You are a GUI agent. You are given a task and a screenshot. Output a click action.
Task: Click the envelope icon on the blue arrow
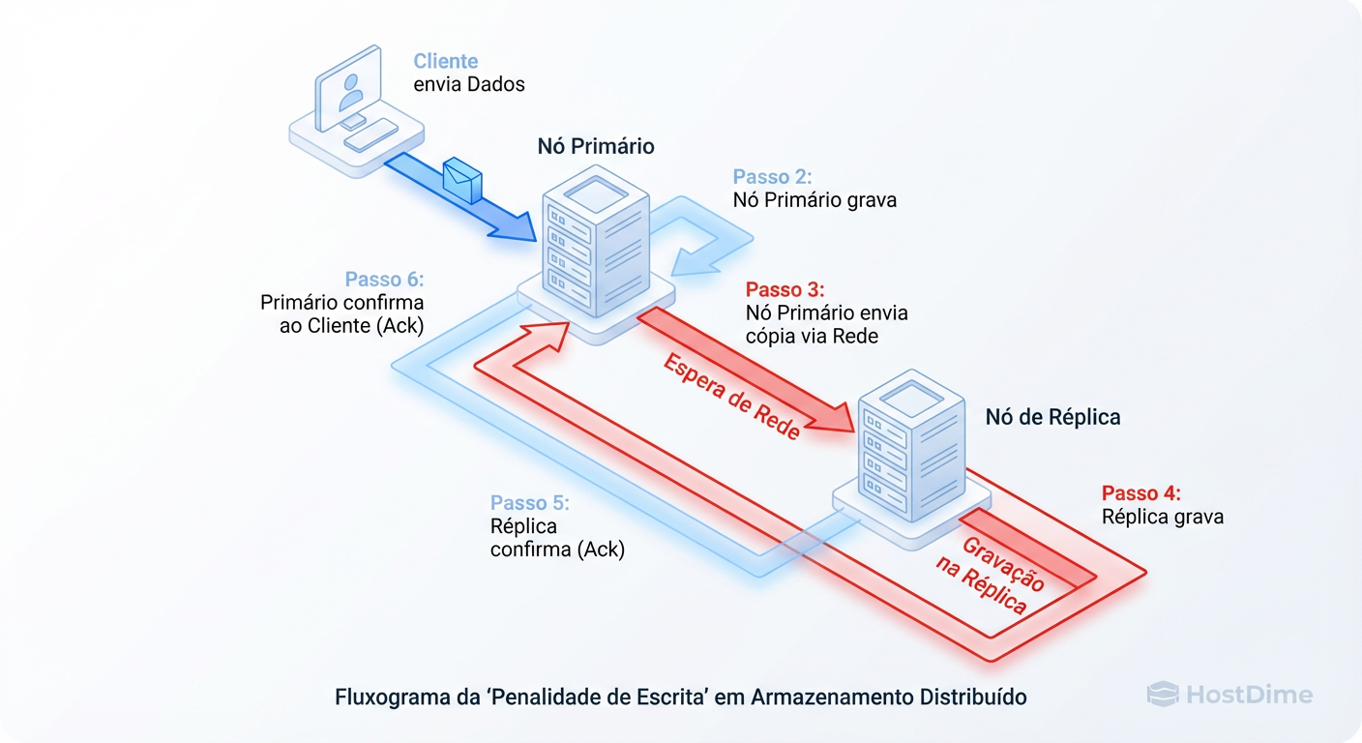coord(461,180)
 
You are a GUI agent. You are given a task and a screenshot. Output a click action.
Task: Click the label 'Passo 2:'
coord(772,176)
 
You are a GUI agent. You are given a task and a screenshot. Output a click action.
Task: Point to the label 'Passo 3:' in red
coord(785,289)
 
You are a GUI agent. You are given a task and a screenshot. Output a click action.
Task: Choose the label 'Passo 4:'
coord(1140,492)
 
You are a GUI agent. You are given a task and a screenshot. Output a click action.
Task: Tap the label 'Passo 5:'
coord(529,503)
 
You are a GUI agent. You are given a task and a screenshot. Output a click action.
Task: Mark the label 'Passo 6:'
coord(384,280)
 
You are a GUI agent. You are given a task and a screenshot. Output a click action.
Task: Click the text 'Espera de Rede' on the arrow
coord(731,398)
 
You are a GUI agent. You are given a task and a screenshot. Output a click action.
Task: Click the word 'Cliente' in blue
coord(445,61)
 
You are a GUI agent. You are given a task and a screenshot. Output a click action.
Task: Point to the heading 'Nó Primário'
coord(596,147)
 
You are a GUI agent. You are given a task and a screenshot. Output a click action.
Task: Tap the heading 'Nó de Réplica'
coord(1052,417)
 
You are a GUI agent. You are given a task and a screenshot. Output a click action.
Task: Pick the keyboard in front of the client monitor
coord(370,134)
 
